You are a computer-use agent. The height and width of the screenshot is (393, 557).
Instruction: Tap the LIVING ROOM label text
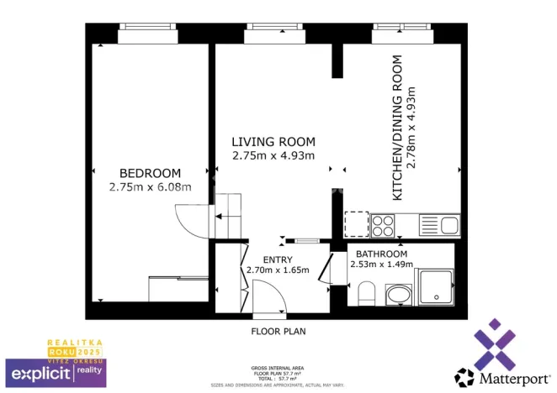click(x=273, y=142)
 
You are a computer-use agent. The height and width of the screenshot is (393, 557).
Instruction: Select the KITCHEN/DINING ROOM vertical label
click(x=398, y=128)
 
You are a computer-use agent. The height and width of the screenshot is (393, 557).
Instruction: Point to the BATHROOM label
click(x=381, y=254)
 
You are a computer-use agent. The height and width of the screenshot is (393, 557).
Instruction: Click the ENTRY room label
click(x=278, y=259)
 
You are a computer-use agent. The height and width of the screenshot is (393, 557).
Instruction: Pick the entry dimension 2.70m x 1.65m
click(x=278, y=270)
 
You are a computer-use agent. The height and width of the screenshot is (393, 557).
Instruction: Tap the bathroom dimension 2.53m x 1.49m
click(x=381, y=265)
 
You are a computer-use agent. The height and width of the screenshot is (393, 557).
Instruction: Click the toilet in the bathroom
click(x=366, y=293)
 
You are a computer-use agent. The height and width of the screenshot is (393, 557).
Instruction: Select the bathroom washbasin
click(x=396, y=295)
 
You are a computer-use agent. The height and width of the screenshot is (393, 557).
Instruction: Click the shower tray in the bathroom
click(x=435, y=287)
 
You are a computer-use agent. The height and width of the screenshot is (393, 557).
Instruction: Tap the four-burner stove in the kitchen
click(x=384, y=225)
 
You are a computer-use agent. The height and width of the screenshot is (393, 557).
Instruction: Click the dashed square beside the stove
click(x=357, y=224)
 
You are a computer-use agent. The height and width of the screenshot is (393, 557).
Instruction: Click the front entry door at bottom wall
click(x=268, y=299)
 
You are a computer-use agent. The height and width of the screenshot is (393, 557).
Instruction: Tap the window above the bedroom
click(x=147, y=35)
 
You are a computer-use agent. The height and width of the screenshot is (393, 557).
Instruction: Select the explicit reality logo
click(x=56, y=370)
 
